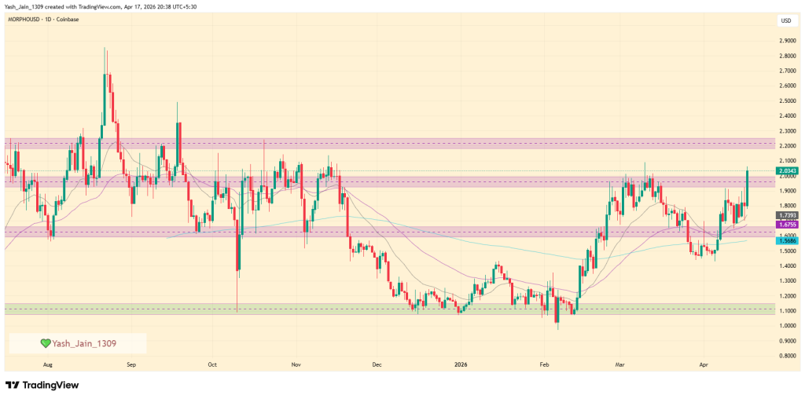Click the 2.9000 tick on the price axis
785,41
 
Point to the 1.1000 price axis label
785,311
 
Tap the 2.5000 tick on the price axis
785,101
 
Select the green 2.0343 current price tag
787,170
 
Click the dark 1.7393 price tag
787,214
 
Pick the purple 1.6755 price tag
787,225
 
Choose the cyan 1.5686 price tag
787,240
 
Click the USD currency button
785,20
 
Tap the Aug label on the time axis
48,364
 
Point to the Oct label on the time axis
212,364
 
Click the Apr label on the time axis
704,364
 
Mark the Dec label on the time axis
377,364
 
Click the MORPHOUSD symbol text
26,18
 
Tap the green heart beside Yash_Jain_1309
46,343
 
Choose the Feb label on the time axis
543,364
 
